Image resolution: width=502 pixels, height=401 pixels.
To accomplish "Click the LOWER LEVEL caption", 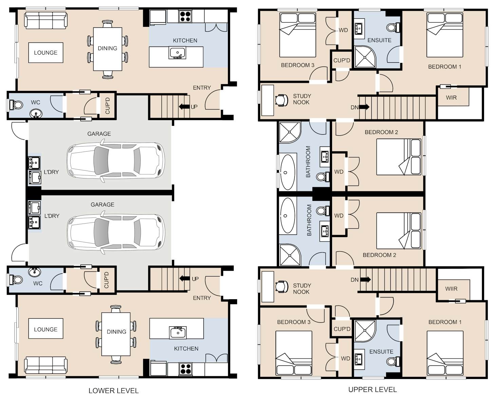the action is pyautogui.click(x=114, y=391).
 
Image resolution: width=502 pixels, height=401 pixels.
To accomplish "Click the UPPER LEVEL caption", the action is pyautogui.click(x=372, y=389).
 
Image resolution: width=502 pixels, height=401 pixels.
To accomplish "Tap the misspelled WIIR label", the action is pyautogui.click(x=451, y=289).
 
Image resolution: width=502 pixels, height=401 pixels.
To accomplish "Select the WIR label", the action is pyautogui.click(x=451, y=98).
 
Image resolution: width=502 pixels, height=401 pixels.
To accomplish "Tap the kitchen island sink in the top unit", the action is pyautogui.click(x=177, y=53).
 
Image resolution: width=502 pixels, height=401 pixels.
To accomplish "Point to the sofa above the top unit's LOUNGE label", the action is pyautogui.click(x=46, y=21).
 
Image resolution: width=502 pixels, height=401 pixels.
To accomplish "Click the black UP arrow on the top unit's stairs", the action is pyautogui.click(x=184, y=107).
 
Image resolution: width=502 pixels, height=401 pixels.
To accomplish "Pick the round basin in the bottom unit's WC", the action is pyautogui.click(x=35, y=272).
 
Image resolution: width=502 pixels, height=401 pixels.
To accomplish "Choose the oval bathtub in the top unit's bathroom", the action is pyautogui.click(x=287, y=172).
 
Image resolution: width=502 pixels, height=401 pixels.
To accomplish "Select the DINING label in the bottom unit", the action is pyautogui.click(x=116, y=332).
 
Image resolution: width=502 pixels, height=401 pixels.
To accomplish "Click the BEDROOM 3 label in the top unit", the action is pyautogui.click(x=298, y=65).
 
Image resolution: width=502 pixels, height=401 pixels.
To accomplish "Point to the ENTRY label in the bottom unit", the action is pyautogui.click(x=202, y=298).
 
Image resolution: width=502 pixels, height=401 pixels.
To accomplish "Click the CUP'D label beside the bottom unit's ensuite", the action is pyautogui.click(x=342, y=329).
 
